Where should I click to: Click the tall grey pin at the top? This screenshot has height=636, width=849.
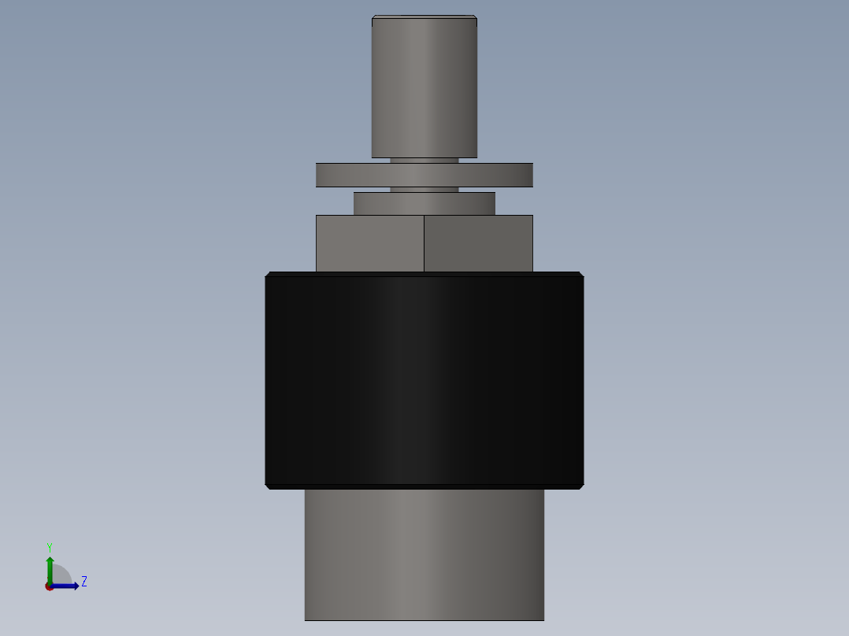tap(424, 87)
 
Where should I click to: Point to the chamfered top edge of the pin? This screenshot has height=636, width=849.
tap(424, 17)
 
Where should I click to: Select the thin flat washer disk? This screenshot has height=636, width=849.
tap(424, 175)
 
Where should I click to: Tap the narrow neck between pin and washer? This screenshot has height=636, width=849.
tap(424, 160)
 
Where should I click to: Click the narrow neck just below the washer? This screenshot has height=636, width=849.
tap(424, 190)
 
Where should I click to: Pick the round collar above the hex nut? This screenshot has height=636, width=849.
tap(424, 203)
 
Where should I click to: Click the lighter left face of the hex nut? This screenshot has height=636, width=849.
tap(369, 243)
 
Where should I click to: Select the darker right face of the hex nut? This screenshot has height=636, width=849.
tap(478, 243)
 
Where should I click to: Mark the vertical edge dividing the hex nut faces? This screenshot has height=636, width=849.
tap(424, 243)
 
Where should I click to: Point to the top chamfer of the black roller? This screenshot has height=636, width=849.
tap(424, 274)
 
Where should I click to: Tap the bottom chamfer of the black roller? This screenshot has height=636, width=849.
tap(424, 486)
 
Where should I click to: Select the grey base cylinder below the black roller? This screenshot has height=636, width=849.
tap(424, 554)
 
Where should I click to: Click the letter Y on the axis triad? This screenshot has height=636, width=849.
tap(49, 546)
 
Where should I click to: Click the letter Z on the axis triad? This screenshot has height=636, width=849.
tap(83, 582)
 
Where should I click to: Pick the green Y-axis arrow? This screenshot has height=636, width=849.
tap(49, 567)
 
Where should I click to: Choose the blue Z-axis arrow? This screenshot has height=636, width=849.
tap(68, 586)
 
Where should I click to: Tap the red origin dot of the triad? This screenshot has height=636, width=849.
tap(49, 586)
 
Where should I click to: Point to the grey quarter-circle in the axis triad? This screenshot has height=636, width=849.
tap(61, 575)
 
